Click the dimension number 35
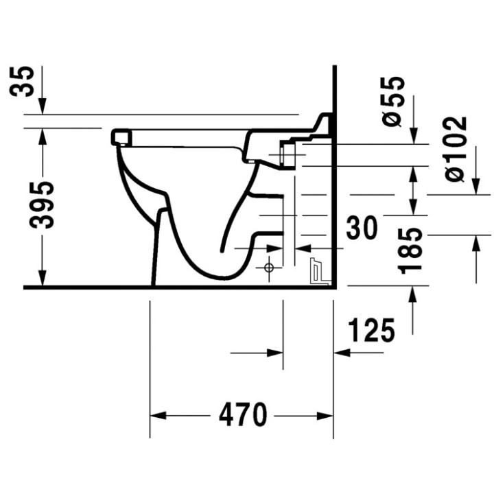[x=21, y=81]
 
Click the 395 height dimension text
[x=42, y=205]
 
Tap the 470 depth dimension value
[x=243, y=414]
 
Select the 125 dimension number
[x=371, y=329]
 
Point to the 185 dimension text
[x=409, y=251]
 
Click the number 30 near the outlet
[x=362, y=228]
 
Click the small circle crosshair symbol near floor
[x=269, y=268]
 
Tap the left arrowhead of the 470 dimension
[x=158, y=416]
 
